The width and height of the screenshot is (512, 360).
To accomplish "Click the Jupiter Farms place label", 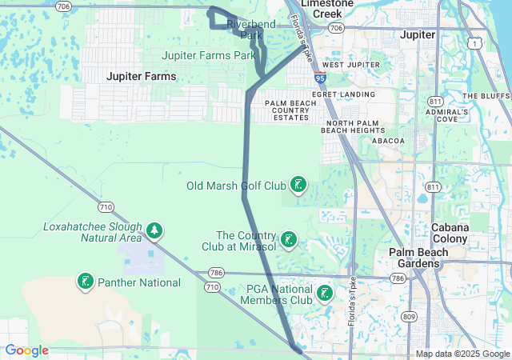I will pos(142,76).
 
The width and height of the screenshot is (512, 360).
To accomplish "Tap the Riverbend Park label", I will pos(250,30).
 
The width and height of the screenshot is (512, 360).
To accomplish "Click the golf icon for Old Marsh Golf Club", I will pos(298,186).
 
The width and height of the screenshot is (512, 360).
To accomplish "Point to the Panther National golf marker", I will pos(85,282).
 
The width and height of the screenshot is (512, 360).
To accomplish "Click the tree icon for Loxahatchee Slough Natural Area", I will pos(154,232).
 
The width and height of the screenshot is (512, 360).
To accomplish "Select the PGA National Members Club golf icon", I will pos(324,294).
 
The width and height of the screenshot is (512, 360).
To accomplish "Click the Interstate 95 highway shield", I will pos(320,78).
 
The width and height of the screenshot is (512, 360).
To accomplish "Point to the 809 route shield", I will pos(410,316).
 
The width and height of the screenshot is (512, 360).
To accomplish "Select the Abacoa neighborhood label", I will pos(389,141).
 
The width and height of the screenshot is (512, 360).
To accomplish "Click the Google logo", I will pos(26,350).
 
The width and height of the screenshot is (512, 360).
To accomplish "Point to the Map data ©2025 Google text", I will pos(462,354).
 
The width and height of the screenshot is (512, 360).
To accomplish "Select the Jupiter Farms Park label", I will pos(208,55).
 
